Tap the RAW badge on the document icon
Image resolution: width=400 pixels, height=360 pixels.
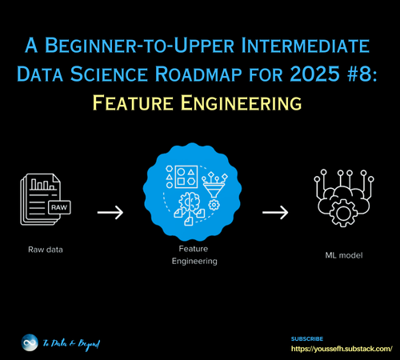58,207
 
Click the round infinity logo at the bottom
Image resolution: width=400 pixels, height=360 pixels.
30,343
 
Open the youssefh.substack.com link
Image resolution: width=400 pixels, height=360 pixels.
342,350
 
